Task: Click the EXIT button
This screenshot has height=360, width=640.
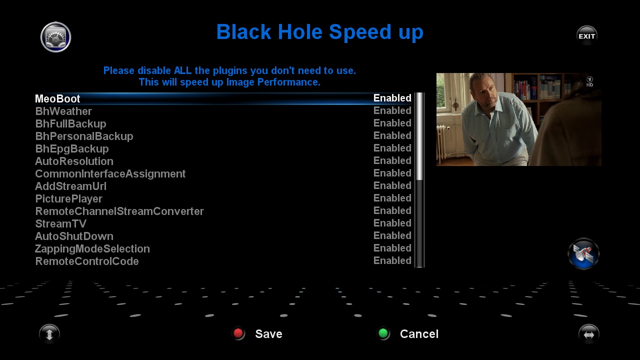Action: pos(586,35)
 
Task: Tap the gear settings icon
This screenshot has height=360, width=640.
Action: pos(55,37)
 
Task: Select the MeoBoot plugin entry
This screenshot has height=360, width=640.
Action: pos(57,98)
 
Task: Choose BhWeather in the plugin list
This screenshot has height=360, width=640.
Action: pos(63,111)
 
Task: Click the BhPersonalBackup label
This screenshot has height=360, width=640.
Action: pos(84,136)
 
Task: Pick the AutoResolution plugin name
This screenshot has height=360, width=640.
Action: pos(74,161)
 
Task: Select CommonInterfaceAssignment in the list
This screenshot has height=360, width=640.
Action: pos(110,173)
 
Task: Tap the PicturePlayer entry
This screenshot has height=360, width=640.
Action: pos(68,199)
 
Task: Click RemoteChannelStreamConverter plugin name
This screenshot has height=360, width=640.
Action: pos(119,211)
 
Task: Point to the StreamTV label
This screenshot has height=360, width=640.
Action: pos(60,223)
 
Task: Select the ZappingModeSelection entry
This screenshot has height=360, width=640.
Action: pos(92,249)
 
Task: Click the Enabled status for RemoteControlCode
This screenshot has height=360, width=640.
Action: pos(392,260)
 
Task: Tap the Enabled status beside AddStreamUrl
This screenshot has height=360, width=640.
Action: pos(392,185)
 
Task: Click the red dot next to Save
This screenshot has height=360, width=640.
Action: pos(238,333)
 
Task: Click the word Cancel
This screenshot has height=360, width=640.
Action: pos(419,333)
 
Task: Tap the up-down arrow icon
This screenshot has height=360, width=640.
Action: pos(49,333)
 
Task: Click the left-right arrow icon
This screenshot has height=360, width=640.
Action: pos(589,333)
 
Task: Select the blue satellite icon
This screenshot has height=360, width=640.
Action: pos(583,253)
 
